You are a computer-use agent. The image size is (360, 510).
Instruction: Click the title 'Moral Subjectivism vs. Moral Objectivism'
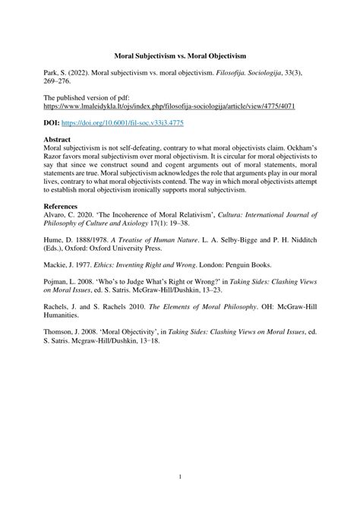pos(180,56)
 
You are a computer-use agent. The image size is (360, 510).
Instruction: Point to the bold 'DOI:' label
pos(55,122)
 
